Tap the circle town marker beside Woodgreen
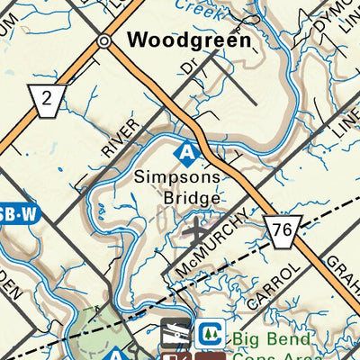pyautogui.click(x=105, y=41)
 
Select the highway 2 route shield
pyautogui.click(x=44, y=99)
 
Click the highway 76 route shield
pyautogui.click(x=281, y=230)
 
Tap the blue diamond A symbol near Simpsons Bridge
pyautogui.click(x=185, y=152)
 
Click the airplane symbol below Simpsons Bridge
pyautogui.click(x=195, y=232)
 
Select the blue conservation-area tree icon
pyautogui.click(x=211, y=333)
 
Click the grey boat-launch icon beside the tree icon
pyautogui.click(x=176, y=333)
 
